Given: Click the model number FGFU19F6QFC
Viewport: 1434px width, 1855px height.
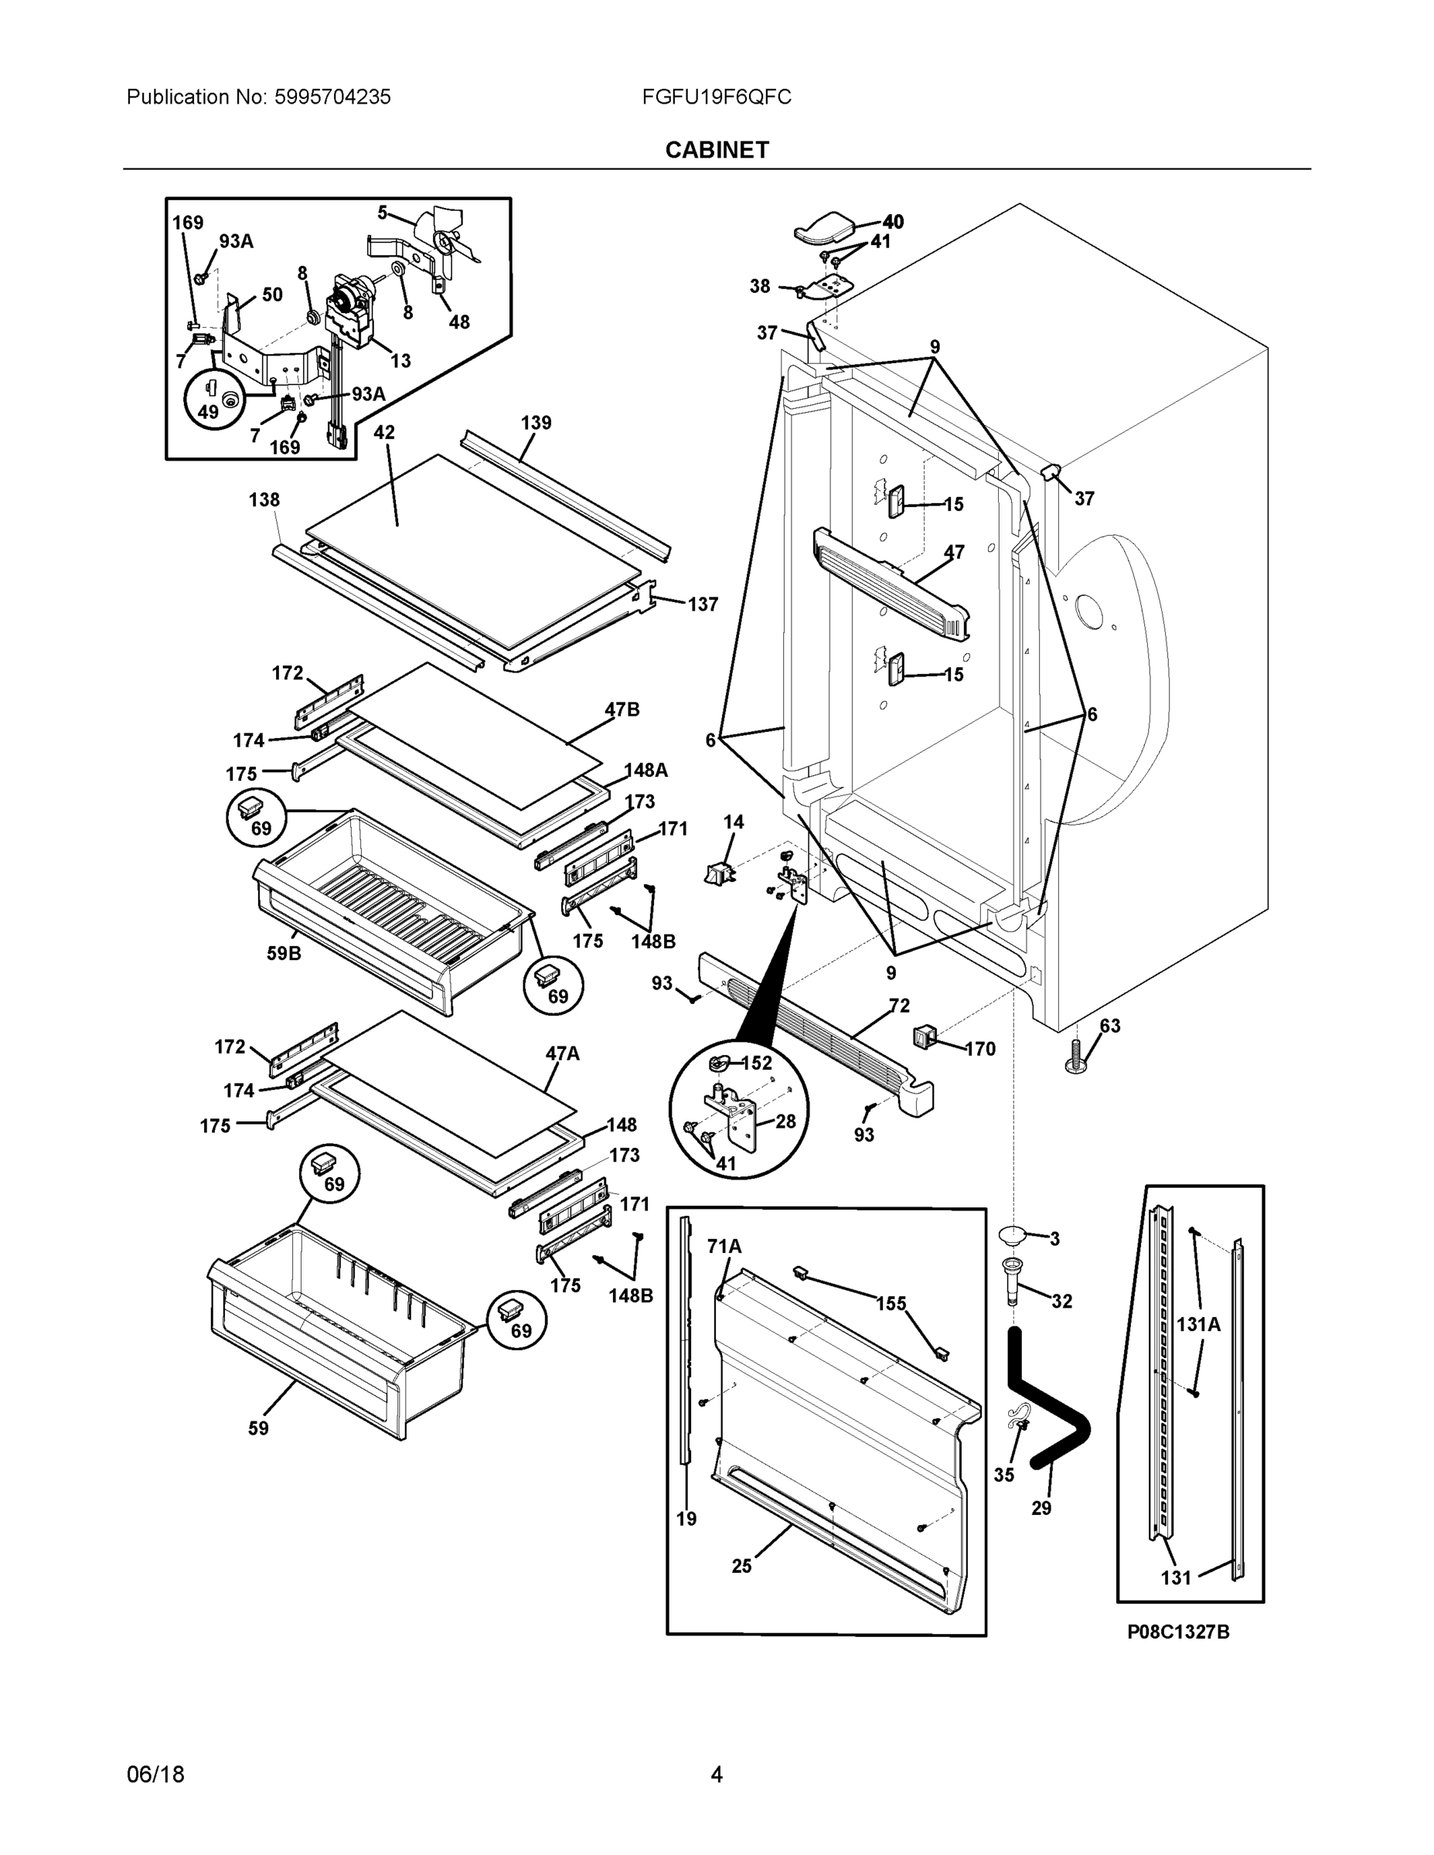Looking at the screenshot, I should coord(716,97).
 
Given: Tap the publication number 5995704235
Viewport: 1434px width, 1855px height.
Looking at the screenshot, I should coord(332,97).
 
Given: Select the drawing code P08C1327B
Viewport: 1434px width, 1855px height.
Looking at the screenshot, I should coord(1178,1632).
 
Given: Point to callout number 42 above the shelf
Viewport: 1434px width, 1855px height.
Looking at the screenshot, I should coord(384,432).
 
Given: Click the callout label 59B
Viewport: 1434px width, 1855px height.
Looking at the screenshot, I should coord(284,953).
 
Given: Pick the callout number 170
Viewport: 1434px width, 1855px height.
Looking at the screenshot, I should coord(979,1049).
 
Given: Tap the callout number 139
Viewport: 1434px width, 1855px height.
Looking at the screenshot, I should coord(535,422).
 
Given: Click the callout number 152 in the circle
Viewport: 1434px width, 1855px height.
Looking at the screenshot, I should coord(756,1064).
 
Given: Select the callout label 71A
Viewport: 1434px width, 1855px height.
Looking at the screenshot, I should coord(724,1246).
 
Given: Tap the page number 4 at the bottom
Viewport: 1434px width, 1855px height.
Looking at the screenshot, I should coord(716,1775).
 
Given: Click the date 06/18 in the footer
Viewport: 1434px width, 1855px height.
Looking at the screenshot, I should coord(155,1775).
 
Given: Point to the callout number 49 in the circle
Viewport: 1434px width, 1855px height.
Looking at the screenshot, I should coord(208,412).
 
